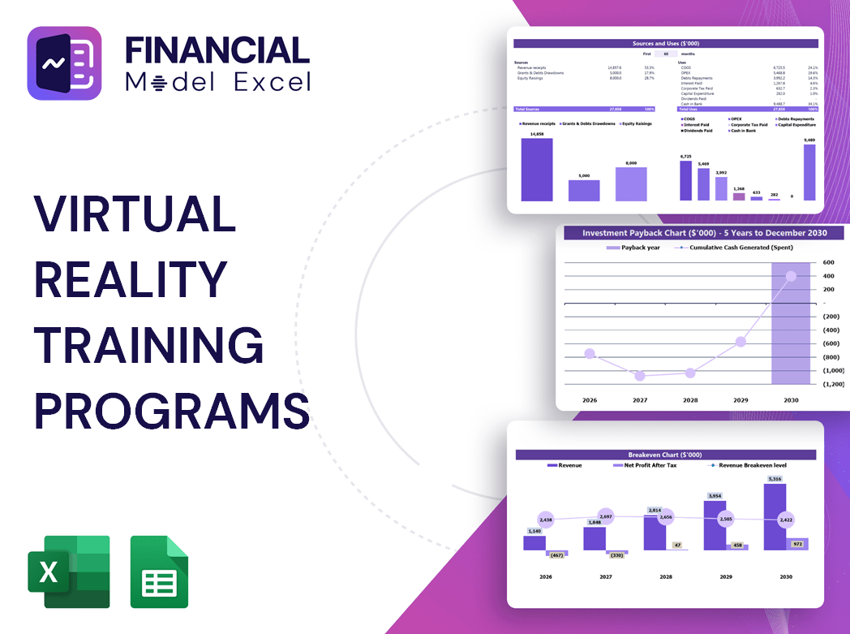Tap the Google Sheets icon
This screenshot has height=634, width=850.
tap(159, 571)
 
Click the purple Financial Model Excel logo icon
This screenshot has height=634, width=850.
tap(65, 63)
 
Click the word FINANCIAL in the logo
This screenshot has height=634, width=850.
tap(217, 50)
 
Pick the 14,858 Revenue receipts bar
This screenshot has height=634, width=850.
tap(536, 170)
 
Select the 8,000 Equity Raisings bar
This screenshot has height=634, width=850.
tap(631, 183)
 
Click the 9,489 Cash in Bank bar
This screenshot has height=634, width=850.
tap(809, 172)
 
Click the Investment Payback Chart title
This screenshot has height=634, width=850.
tap(704, 233)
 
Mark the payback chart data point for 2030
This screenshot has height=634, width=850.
tap(791, 276)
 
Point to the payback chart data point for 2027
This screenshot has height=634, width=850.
tap(640, 376)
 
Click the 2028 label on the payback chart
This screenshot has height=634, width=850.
tap(690, 400)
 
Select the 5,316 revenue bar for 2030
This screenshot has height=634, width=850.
tap(775, 516)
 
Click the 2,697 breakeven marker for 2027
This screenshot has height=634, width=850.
tap(605, 516)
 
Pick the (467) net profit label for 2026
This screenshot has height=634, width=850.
tap(556, 555)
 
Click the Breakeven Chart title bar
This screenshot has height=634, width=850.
tap(664, 455)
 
